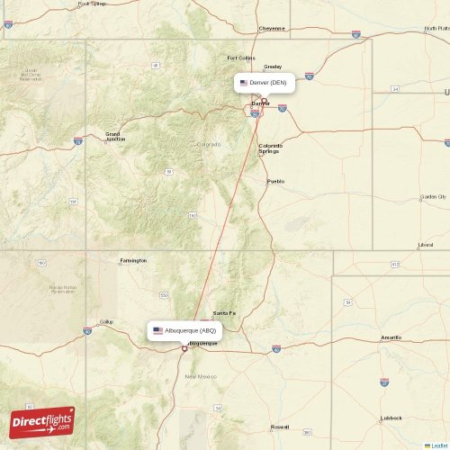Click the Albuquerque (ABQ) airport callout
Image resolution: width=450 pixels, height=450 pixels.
coord(184,330)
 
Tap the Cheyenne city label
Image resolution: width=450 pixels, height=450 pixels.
coord(272,28)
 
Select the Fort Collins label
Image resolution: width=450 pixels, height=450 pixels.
coord(241,58)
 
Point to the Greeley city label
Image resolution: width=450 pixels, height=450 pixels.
coord(272,67)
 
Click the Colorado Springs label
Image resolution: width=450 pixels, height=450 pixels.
coord(270,148)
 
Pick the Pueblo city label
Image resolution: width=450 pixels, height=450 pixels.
coord(275,181)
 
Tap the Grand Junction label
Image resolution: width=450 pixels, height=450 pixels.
coord(115,137)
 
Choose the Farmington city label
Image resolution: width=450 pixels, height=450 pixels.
coord(132,260)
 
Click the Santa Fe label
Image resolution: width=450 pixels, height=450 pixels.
coord(224,312)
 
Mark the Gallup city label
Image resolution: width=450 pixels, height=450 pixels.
coord(106,321)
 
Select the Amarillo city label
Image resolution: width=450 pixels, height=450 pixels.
coord(391,337)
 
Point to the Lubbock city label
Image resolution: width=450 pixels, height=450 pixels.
coord(391,418)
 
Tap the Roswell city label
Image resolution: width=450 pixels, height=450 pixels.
coord(280,427)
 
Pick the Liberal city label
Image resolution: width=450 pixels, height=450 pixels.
coord(425,245)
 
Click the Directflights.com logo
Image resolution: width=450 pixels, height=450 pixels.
coord(42,420)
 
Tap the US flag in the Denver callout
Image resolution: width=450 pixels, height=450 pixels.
coord(243,83)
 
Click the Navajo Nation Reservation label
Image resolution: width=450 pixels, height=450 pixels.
coord(62,289)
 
